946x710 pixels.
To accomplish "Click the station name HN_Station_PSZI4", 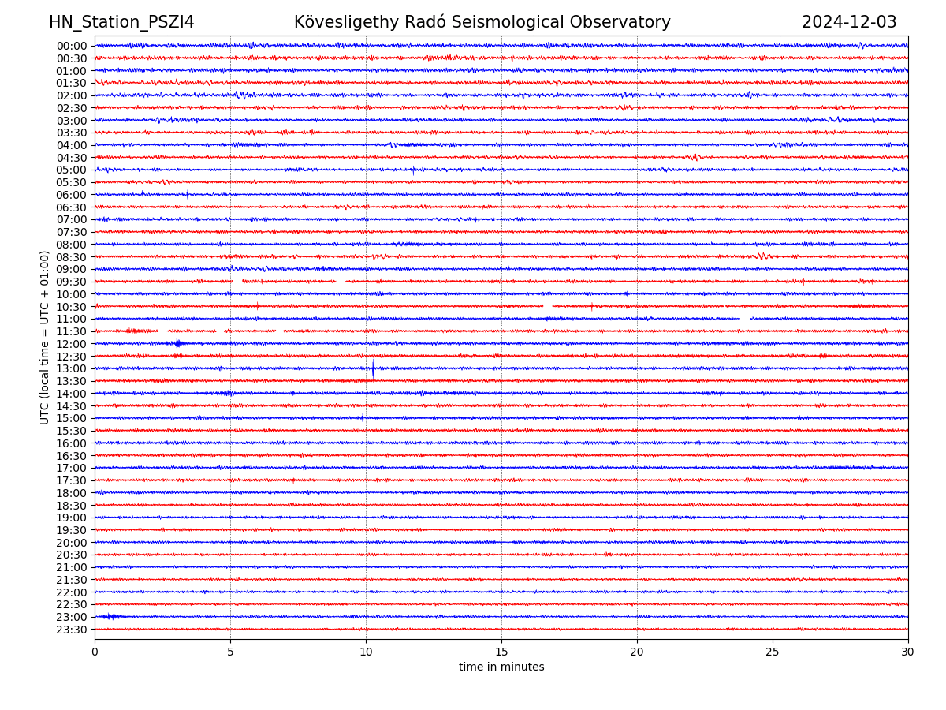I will (x=121, y=23).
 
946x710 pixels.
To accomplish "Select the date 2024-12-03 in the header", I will (x=849, y=23).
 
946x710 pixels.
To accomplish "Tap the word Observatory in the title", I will (x=628, y=23).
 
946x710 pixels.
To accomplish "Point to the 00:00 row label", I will (x=72, y=46).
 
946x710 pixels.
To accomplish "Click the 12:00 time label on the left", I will (x=72, y=344).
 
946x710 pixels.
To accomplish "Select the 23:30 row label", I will (x=72, y=630).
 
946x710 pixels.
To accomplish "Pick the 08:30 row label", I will (x=72, y=257).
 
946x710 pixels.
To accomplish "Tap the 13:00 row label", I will (x=72, y=368).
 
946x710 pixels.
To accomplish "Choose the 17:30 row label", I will (x=72, y=480).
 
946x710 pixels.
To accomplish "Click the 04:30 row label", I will (x=72, y=158).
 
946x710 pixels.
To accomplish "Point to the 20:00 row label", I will (x=72, y=543).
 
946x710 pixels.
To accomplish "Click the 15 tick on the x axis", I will (x=501, y=652).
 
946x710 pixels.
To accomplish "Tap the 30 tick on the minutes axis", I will (x=908, y=652).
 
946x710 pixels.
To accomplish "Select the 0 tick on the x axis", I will (x=95, y=652).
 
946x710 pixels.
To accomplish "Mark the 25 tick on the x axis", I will (x=773, y=652).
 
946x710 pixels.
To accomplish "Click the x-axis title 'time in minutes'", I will (x=501, y=667).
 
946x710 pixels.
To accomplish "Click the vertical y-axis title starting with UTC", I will (x=46, y=337).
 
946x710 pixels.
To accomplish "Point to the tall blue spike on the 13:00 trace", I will (x=373, y=367).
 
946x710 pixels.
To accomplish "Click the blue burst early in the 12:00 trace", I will (x=178, y=343).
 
